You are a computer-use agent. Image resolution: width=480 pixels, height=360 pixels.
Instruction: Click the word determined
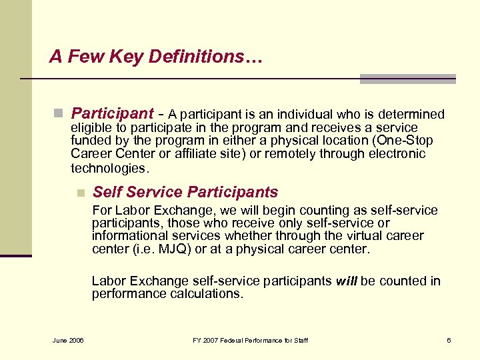410,115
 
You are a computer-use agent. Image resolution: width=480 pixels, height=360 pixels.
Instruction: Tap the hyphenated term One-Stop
405,141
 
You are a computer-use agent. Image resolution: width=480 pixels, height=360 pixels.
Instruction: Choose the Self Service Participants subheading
185,193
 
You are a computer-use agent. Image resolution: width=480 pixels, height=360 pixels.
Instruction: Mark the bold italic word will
347,281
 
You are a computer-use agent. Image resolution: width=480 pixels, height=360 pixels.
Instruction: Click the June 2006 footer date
67,341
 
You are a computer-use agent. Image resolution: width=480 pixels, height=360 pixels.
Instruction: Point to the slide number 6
449,341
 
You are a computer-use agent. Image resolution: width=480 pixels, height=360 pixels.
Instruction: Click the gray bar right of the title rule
407,79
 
